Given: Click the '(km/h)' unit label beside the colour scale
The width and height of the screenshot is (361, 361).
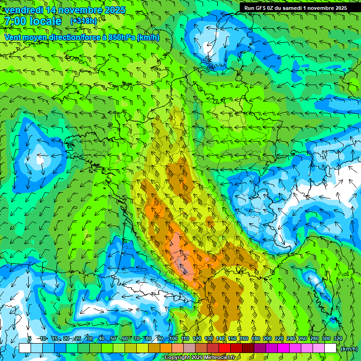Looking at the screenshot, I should click(x=349, y=348).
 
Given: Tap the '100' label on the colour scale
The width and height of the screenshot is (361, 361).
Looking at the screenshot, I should click(x=173, y=338).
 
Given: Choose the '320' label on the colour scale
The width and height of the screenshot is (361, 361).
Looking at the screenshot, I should click(x=338, y=338).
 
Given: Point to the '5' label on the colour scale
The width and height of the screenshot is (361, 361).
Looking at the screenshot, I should click(x=30, y=338).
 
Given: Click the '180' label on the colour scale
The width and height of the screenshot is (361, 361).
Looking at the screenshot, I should click(x=256, y=338).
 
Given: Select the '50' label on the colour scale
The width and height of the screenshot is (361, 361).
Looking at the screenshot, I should click(x=113, y=338).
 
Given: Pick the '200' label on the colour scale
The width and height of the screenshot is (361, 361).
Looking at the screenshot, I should click(x=267, y=338).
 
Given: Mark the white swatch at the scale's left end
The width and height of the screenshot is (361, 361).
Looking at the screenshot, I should click(x=24, y=348).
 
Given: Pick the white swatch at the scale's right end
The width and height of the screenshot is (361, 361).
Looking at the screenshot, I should click(x=330, y=348).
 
